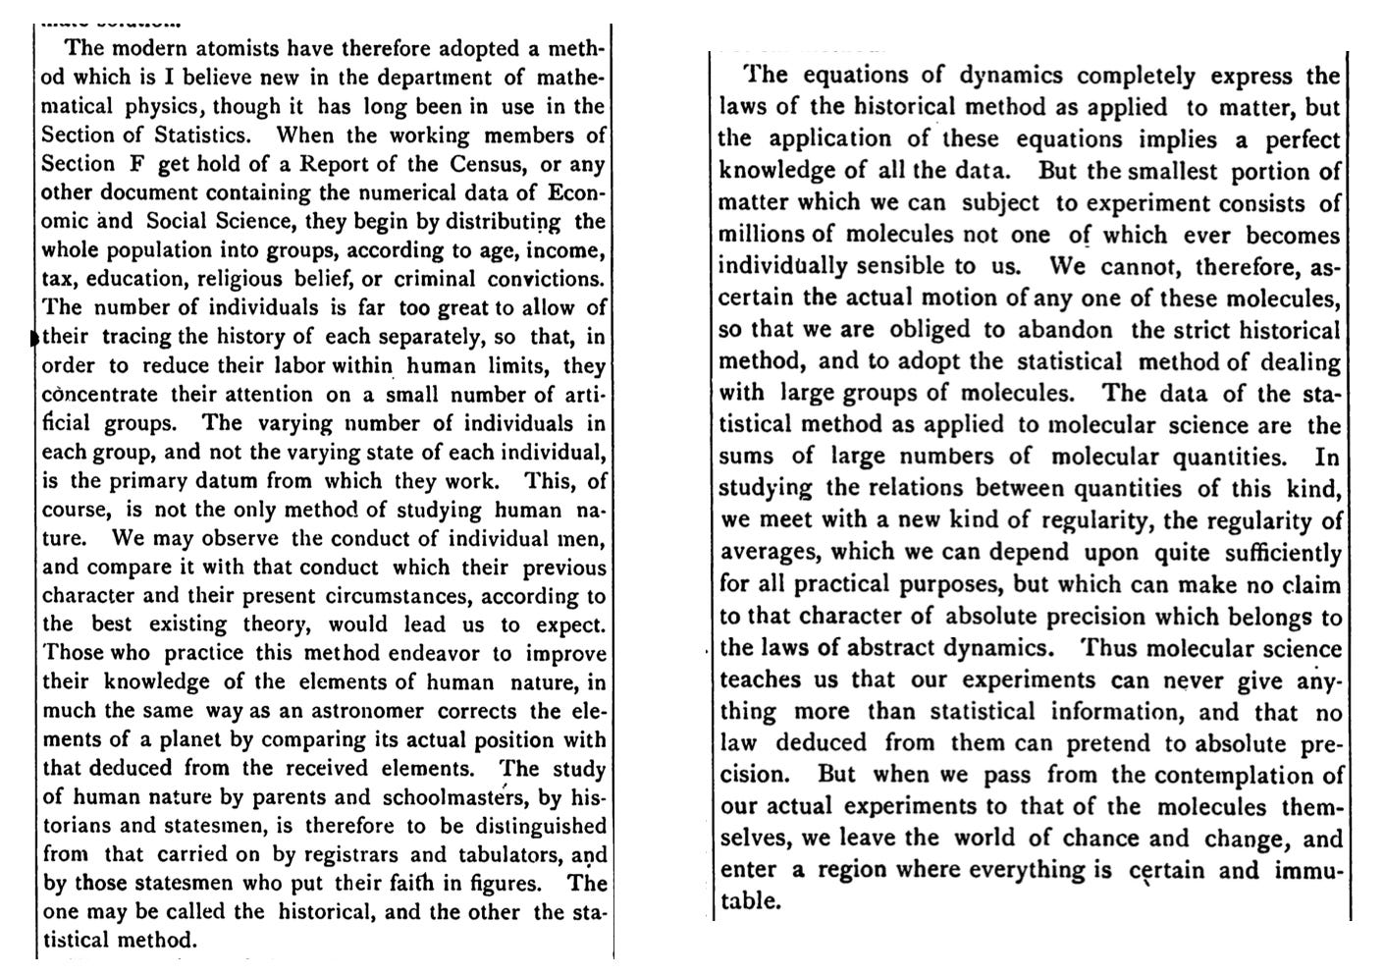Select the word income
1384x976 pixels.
click(570, 250)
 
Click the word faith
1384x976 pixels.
click(399, 883)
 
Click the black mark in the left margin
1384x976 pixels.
click(36, 338)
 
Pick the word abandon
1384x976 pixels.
click(1068, 330)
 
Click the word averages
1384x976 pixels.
click(763, 553)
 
